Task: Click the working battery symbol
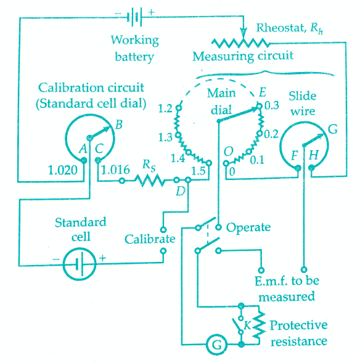click(x=134, y=17)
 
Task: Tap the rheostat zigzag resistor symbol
click(x=240, y=43)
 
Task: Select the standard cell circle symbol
click(x=80, y=264)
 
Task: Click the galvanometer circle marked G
click(x=217, y=345)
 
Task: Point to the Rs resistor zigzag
click(x=150, y=180)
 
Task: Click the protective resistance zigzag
click(x=260, y=325)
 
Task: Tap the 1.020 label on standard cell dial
click(x=63, y=170)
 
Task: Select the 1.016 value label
click(x=115, y=170)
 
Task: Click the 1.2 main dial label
click(x=165, y=108)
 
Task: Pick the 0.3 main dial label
click(x=272, y=105)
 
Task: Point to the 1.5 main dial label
click(x=198, y=171)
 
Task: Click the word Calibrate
click(x=150, y=239)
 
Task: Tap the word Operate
click(x=248, y=228)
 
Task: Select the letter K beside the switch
click(x=248, y=325)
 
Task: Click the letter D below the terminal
click(x=181, y=191)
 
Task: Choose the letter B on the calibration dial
click(x=119, y=124)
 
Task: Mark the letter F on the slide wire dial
click(x=295, y=155)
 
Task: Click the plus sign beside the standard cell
click(x=102, y=258)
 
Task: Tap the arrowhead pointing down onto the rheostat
click(x=243, y=33)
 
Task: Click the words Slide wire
click(x=303, y=104)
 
